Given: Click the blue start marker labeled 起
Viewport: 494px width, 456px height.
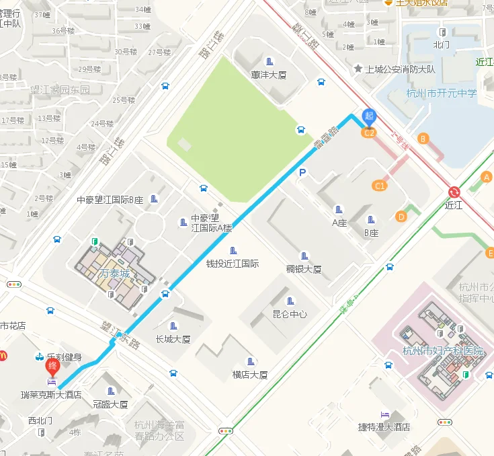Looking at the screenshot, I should pyautogui.click(x=368, y=116).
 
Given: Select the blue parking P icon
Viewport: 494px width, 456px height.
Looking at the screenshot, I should pyautogui.click(x=302, y=174).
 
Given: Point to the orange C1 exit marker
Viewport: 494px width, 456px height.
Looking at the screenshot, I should pyautogui.click(x=380, y=185).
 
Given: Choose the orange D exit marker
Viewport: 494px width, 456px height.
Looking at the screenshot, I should pyautogui.click(x=401, y=216).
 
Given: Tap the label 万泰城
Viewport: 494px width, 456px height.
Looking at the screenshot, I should pyautogui.click(x=115, y=274).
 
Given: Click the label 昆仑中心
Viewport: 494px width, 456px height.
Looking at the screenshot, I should pyautogui.click(x=290, y=314).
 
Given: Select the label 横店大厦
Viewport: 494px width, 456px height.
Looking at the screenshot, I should pyautogui.click(x=250, y=375).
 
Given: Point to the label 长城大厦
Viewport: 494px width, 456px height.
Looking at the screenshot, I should pyautogui.click(x=173, y=339).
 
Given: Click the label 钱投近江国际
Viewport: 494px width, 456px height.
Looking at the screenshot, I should pyautogui.click(x=232, y=264).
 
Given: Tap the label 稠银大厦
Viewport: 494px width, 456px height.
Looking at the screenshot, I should pyautogui.click(x=304, y=269).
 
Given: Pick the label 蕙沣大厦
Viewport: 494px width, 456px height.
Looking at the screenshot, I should pyautogui.click(x=269, y=75).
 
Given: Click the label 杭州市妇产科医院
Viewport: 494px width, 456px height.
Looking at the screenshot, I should pyautogui.click(x=442, y=350).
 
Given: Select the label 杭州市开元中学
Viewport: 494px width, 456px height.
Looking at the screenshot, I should pyautogui.click(x=441, y=93).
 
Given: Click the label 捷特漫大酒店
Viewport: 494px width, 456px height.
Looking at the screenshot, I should pyautogui.click(x=384, y=427).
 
